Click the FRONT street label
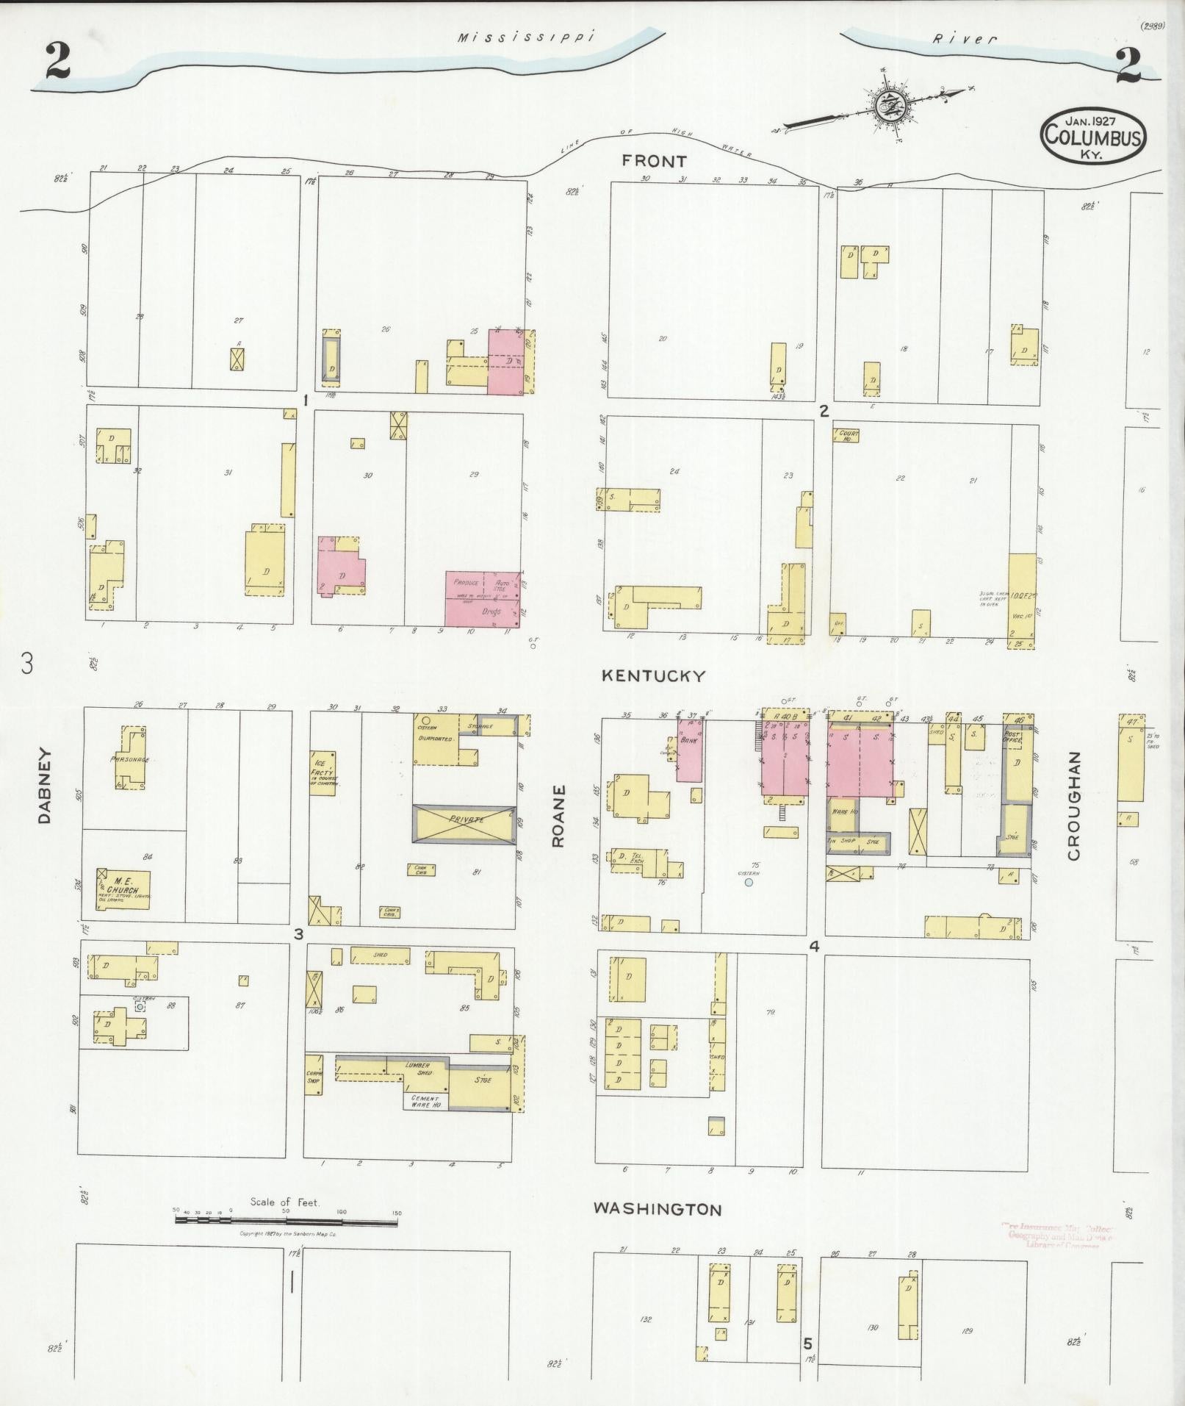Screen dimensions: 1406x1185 pyautogui.click(x=654, y=161)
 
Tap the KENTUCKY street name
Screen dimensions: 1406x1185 pyautogui.click(x=653, y=675)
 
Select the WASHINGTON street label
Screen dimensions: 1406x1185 pyautogui.click(x=658, y=1208)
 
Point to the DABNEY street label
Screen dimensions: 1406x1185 pyautogui.click(x=43, y=785)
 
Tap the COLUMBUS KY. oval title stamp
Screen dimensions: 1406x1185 pyautogui.click(x=1093, y=135)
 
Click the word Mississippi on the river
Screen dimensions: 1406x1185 pyautogui.click(x=525, y=37)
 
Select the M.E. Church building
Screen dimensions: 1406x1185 pyautogui.click(x=123, y=890)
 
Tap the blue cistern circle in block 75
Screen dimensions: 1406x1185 pyautogui.click(x=749, y=882)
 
